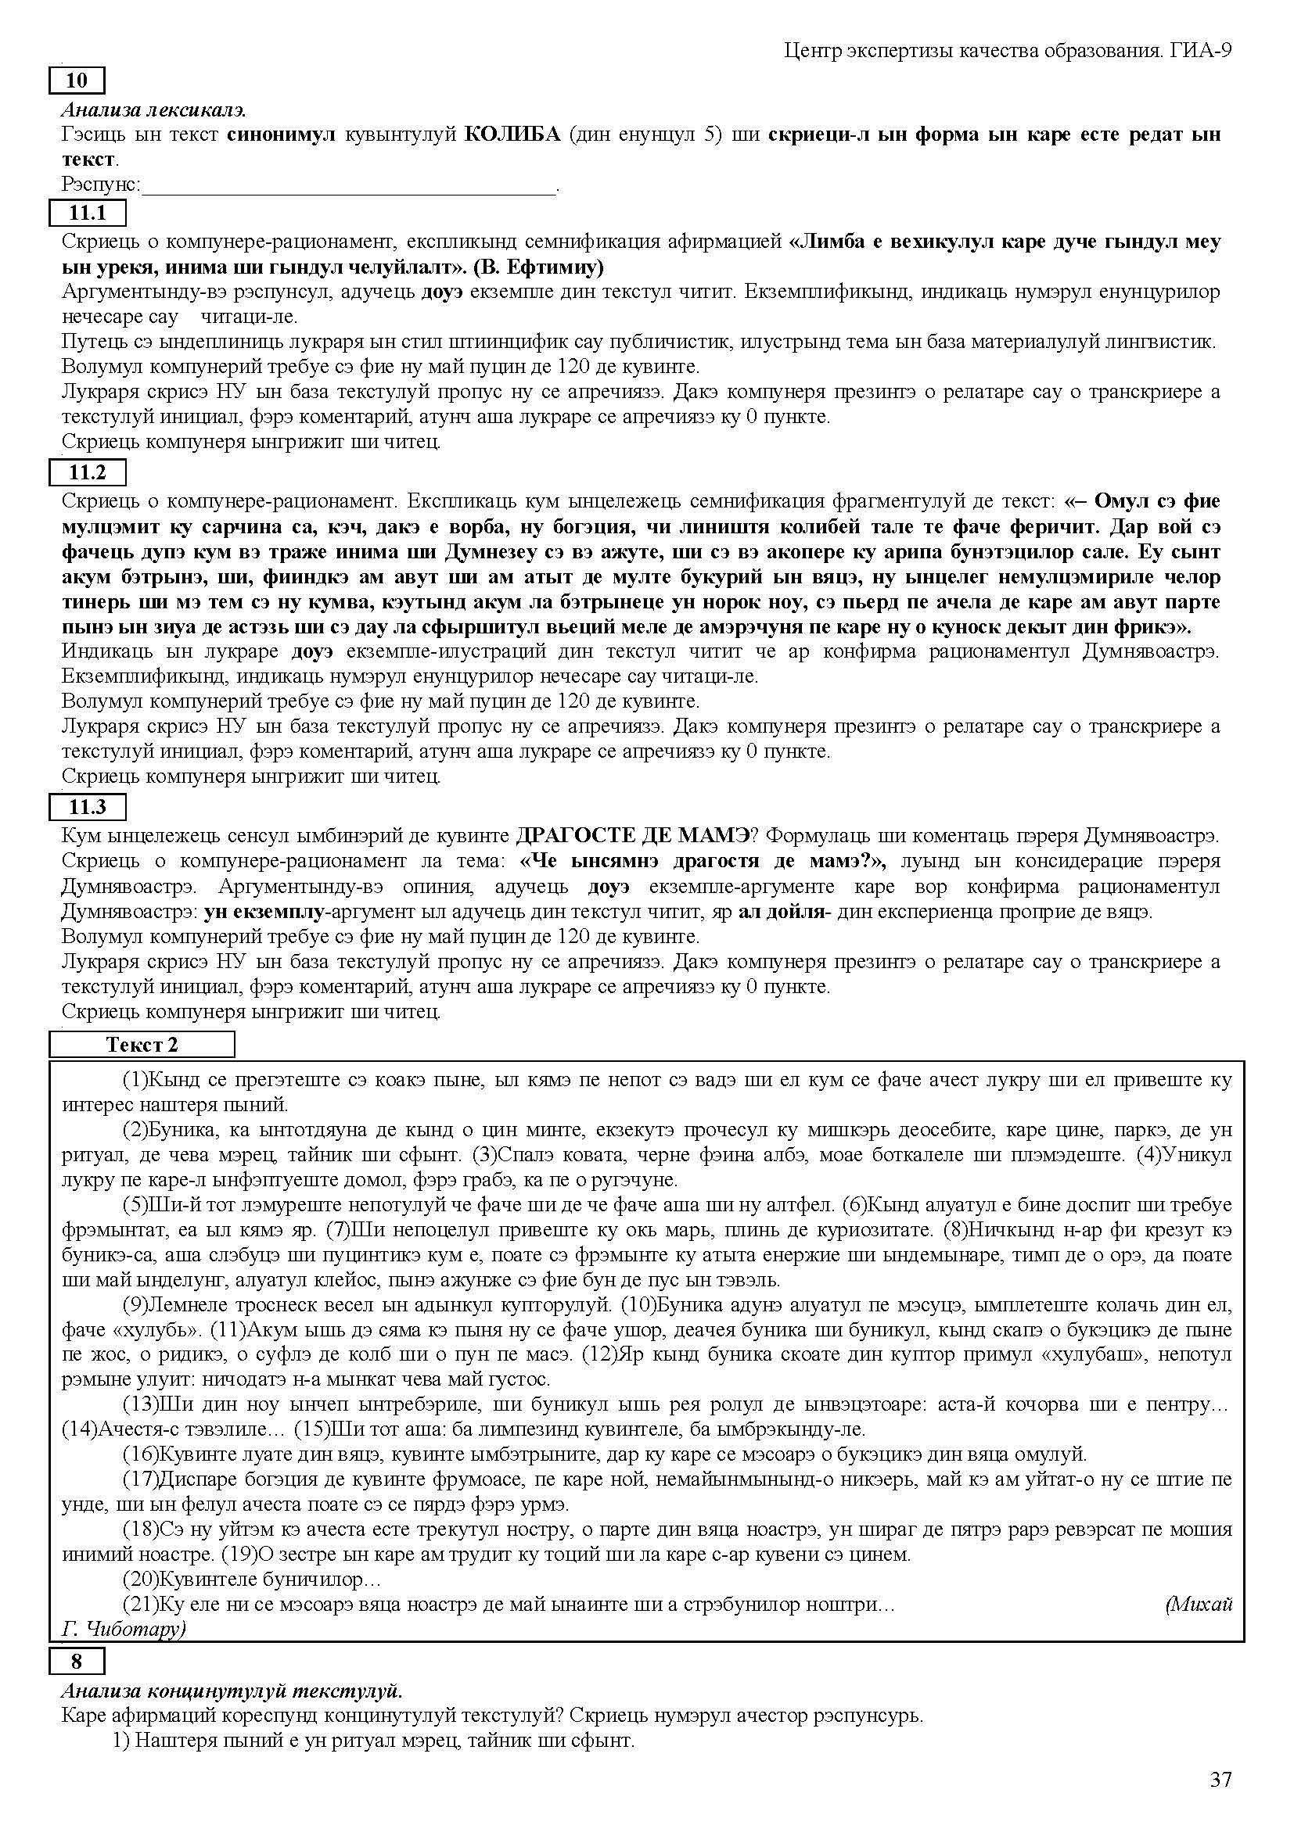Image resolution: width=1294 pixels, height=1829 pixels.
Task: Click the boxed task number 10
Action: coord(77,81)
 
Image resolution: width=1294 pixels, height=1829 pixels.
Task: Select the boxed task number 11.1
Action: coord(88,213)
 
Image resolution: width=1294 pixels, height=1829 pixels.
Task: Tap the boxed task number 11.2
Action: coord(88,472)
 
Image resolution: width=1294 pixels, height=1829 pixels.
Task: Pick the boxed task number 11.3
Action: coord(88,807)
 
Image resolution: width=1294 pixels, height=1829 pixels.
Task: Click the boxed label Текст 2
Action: coord(142,1045)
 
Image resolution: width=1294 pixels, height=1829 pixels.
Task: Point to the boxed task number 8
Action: coord(77,1661)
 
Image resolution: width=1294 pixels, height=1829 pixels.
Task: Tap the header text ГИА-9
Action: coord(1202,51)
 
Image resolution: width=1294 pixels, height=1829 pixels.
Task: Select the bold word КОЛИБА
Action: coord(512,134)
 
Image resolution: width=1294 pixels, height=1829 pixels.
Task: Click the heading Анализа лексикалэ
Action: coord(153,110)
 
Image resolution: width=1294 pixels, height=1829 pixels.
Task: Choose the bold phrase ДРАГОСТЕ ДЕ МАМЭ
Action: coord(634,836)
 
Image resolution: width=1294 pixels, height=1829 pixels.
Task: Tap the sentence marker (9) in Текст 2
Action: coord(135,1305)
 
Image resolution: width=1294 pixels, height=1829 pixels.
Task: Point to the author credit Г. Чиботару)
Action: coord(124,1629)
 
